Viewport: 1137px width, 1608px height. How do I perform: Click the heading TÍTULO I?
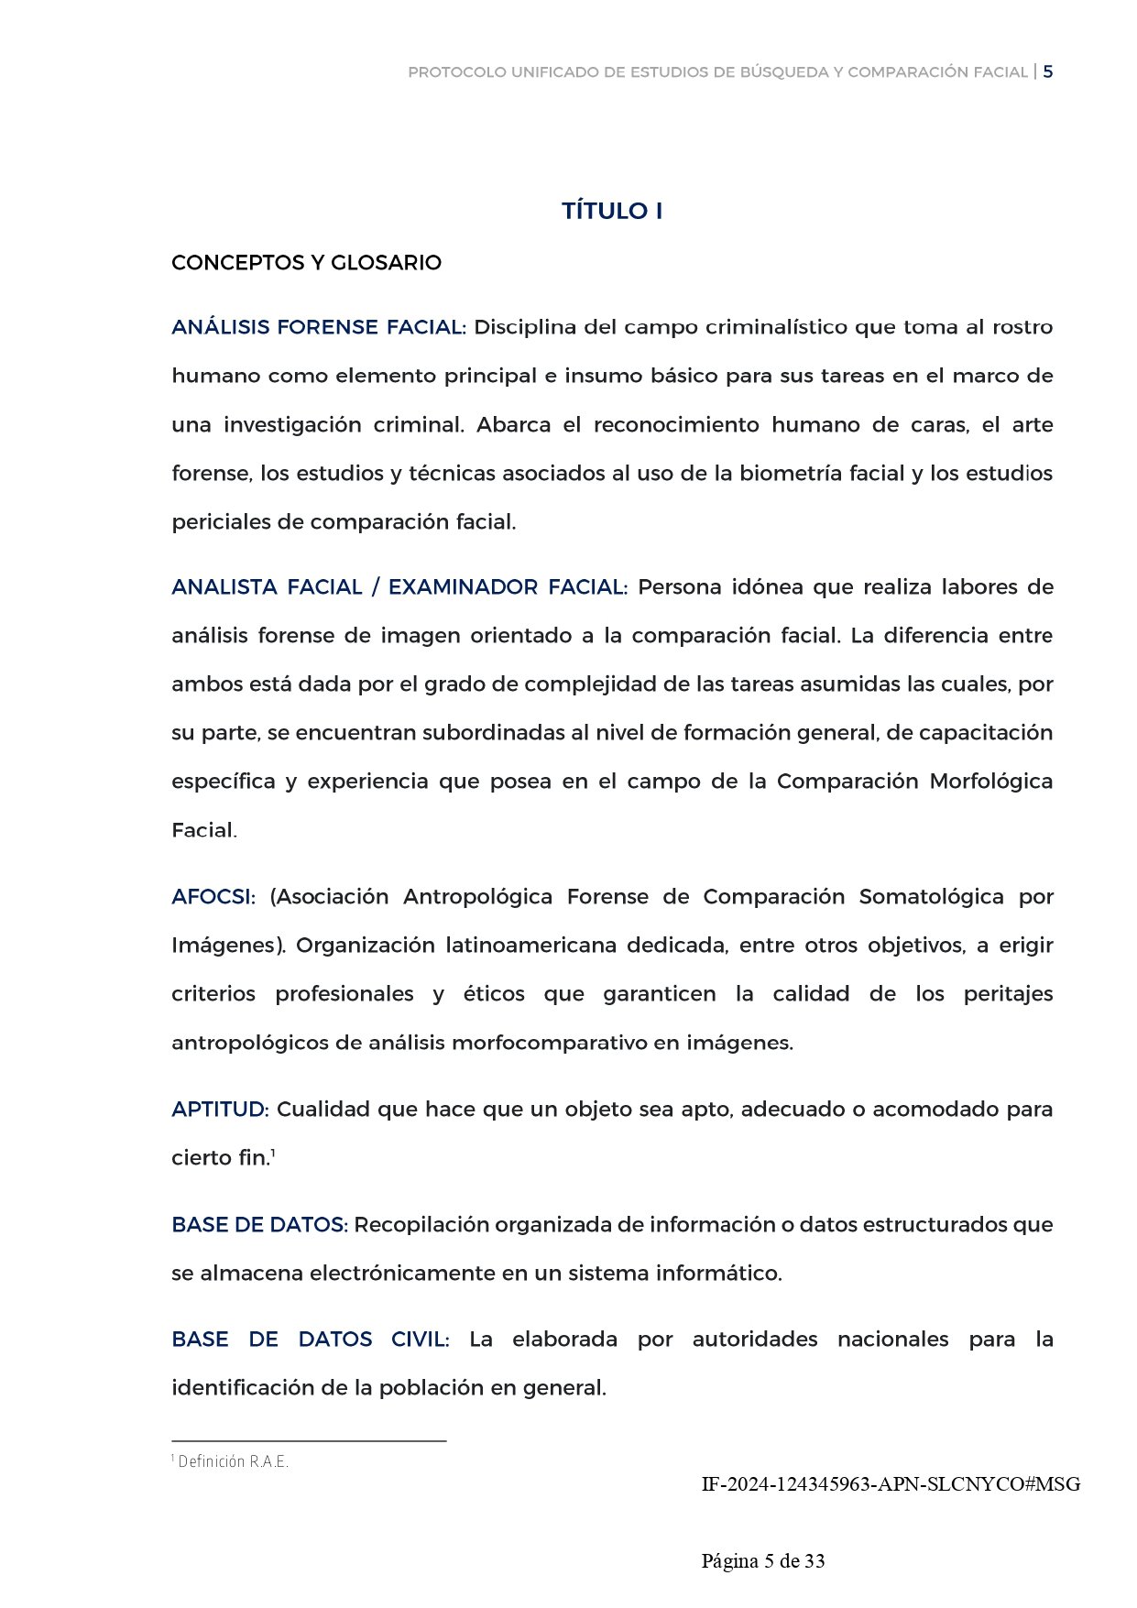pos(611,211)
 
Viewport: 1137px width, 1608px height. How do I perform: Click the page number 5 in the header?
pos(1048,71)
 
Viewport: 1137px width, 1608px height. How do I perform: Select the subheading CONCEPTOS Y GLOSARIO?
pos(306,263)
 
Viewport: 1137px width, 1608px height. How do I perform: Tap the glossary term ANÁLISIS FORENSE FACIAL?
pos(318,327)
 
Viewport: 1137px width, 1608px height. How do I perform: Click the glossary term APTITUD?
pos(219,1110)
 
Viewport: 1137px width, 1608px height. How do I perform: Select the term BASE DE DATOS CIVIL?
pos(310,1340)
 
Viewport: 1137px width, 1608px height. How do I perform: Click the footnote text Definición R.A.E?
pos(233,1461)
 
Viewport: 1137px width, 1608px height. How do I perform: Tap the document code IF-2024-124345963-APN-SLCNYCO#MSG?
pos(891,1483)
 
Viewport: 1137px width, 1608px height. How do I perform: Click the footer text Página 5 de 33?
pos(763,1560)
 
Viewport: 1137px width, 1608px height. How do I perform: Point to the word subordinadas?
pos(493,733)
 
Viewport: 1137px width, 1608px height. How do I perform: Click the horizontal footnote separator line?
pos(309,1441)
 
